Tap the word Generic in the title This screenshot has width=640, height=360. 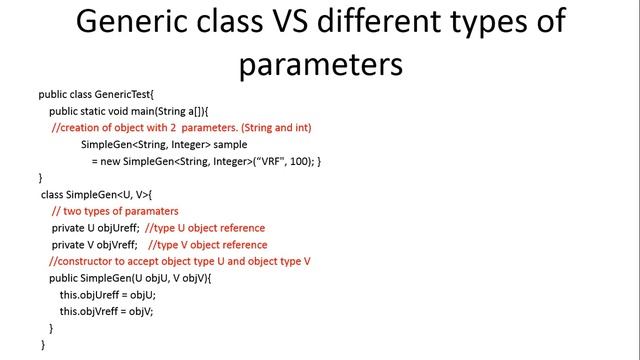tap(128, 21)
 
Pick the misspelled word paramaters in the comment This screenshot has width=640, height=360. tap(148, 211)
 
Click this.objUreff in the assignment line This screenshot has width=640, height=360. tap(94, 295)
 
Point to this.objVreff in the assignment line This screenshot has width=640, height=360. tap(94, 311)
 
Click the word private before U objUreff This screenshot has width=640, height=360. tap(69, 228)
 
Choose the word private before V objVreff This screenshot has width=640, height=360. tap(69, 245)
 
